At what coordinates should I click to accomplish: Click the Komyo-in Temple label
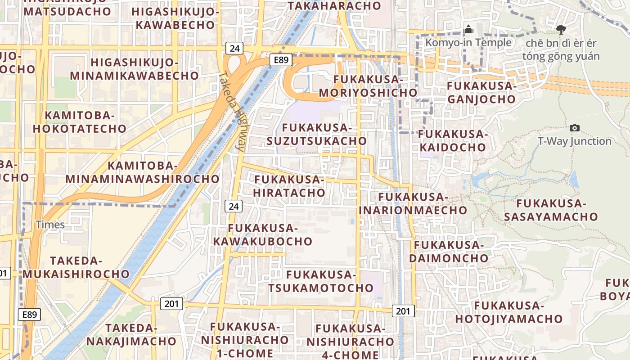pos(468,43)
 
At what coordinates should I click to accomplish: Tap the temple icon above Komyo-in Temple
pos(468,30)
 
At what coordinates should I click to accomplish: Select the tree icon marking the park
pos(561,30)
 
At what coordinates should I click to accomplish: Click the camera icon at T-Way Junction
pos(574,128)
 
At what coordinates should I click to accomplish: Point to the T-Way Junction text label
pos(575,141)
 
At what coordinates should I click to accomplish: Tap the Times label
pos(50,225)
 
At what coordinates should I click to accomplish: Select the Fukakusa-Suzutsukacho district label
pos(317,134)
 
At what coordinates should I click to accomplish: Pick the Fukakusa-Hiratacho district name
pos(289,186)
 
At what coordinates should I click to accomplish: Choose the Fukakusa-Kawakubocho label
pos(263,234)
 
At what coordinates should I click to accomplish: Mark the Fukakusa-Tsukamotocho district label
pos(321,281)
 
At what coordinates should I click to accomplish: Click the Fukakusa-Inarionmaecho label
pos(413,203)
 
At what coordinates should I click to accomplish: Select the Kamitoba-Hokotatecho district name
pos(80,122)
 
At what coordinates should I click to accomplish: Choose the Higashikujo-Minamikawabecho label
pos(135,69)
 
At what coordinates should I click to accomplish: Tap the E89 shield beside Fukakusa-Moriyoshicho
pos(281,60)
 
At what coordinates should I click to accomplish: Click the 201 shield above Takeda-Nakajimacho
pos(171,304)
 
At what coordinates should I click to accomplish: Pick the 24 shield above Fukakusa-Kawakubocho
pos(233,206)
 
